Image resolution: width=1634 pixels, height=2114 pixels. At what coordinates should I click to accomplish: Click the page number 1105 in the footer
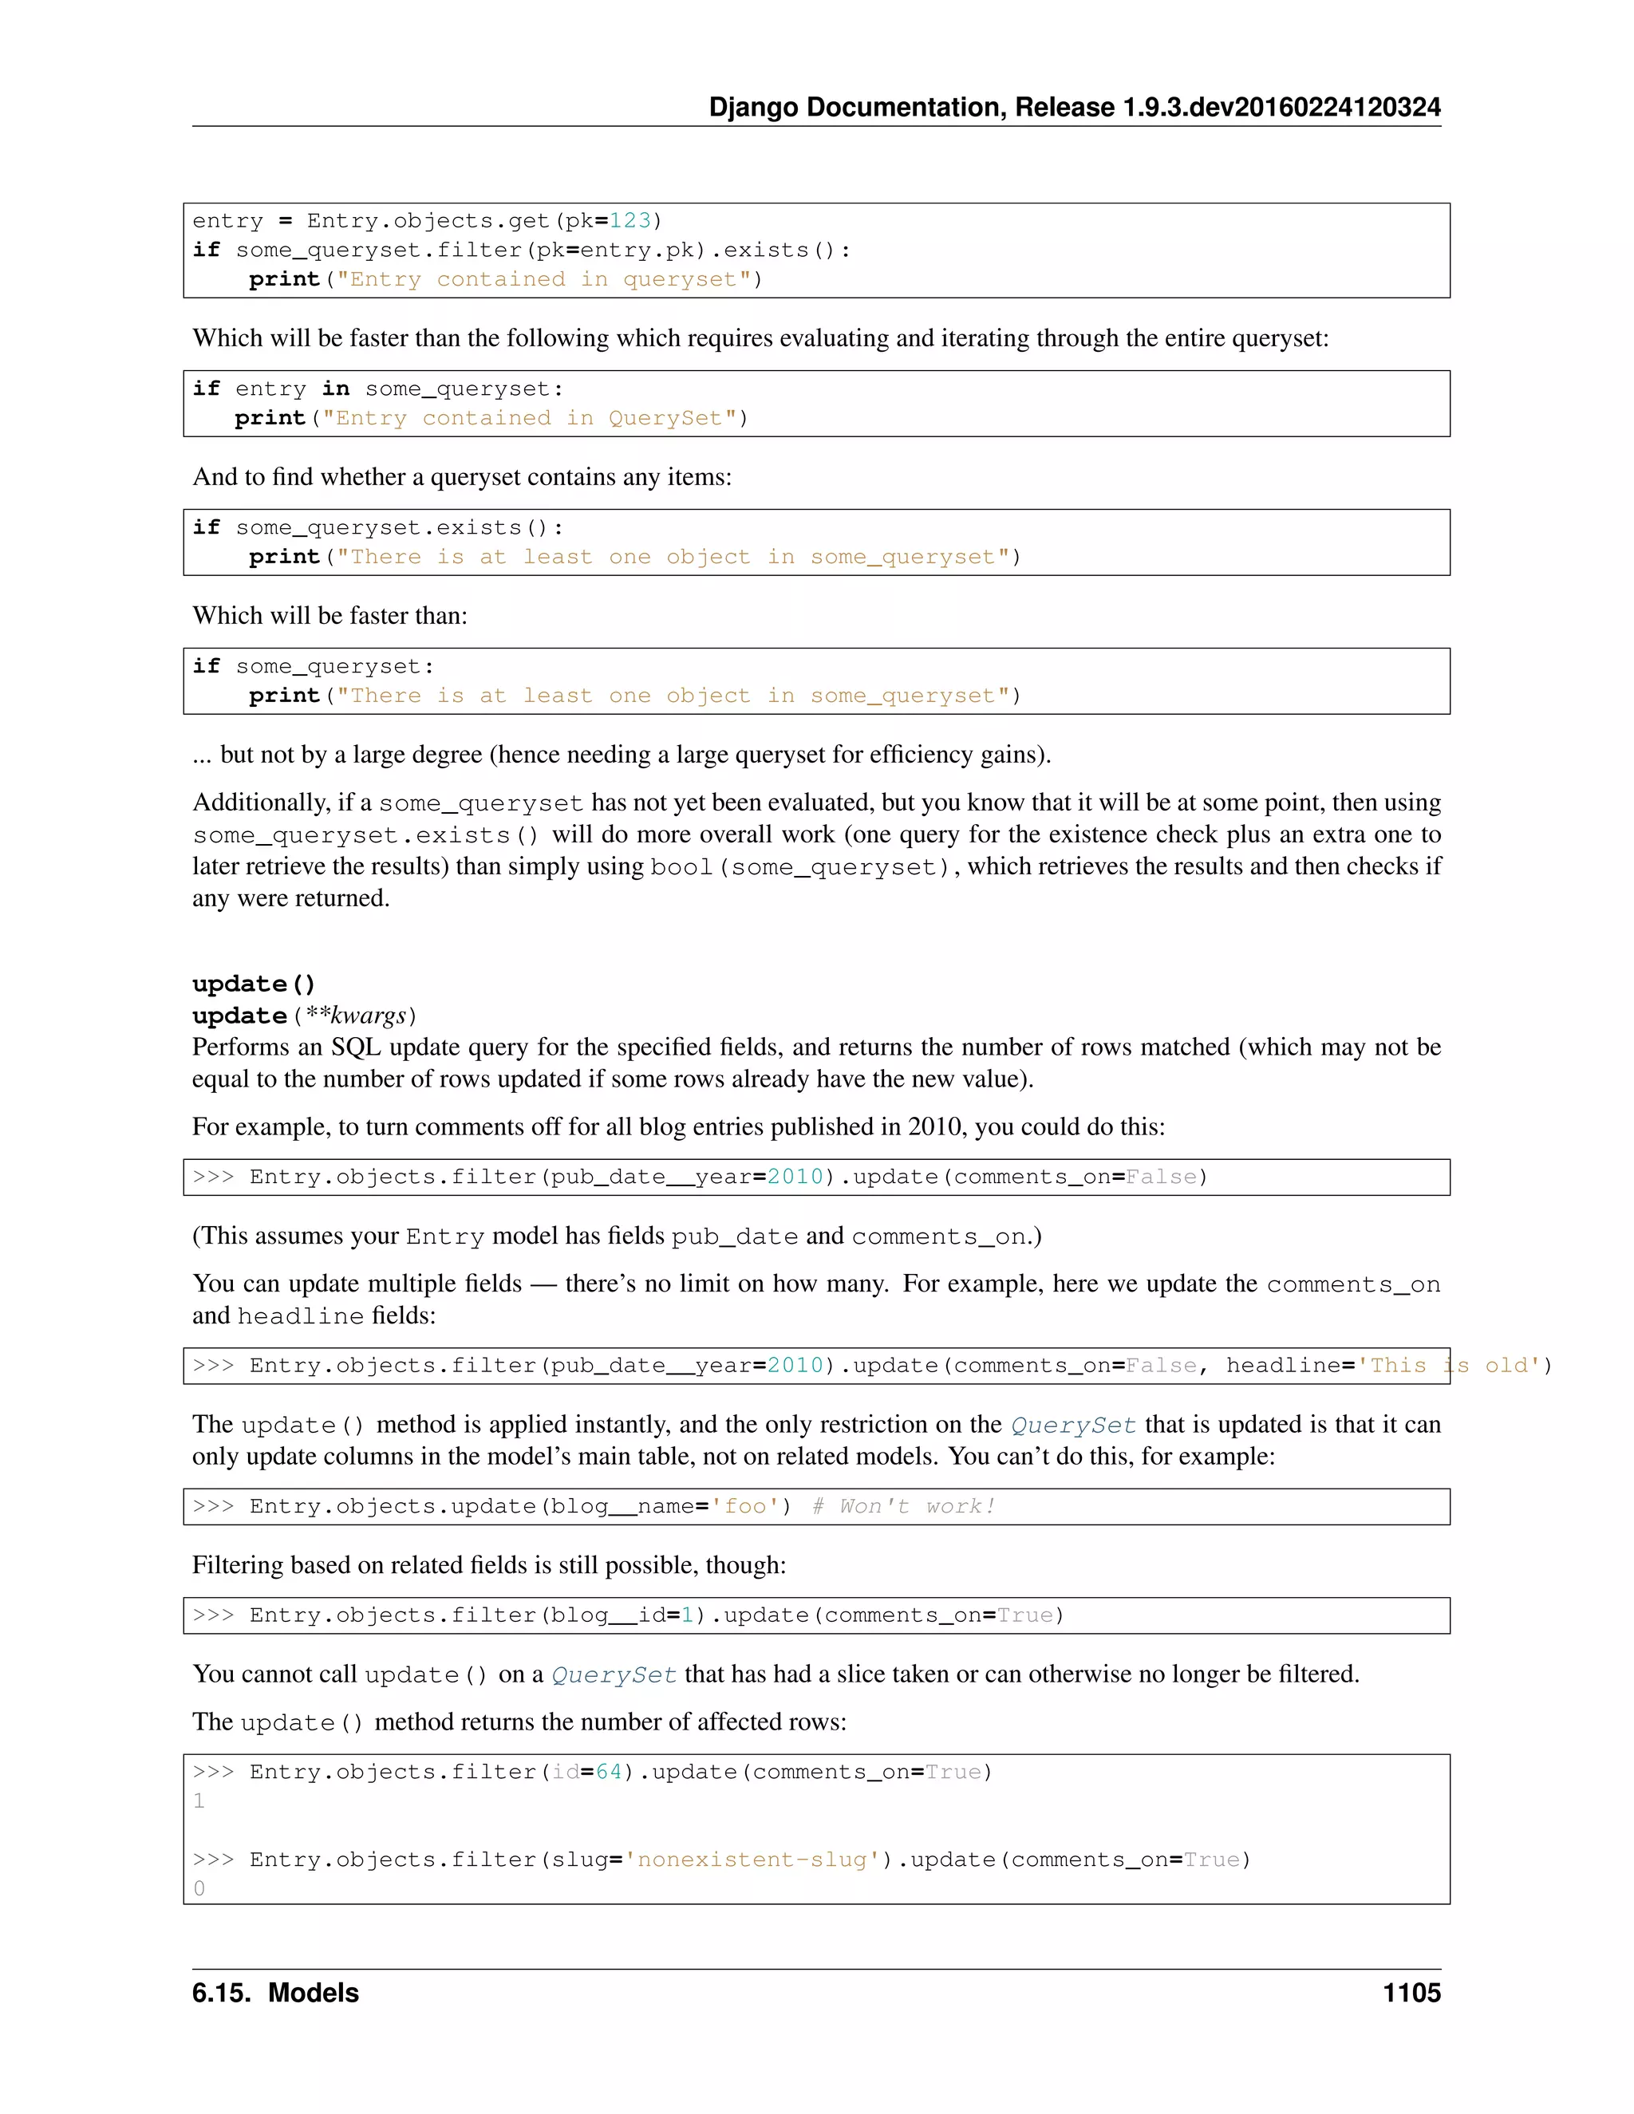[1411, 1993]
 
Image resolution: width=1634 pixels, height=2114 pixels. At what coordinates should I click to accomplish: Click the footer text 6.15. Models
[275, 1993]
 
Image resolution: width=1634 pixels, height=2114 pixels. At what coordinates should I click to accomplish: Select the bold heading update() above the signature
[254, 984]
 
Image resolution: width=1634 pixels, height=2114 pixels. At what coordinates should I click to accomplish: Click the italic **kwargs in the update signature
[355, 1016]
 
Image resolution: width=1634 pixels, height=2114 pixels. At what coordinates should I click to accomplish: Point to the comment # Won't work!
[902, 1506]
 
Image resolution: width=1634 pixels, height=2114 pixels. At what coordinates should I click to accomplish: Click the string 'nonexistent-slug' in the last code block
[752, 1860]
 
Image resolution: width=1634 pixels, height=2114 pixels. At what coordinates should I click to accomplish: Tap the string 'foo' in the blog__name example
[744, 1506]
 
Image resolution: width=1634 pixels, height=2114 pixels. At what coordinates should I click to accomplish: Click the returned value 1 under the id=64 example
[199, 1800]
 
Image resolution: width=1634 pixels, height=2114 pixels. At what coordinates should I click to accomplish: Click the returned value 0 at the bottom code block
[199, 1888]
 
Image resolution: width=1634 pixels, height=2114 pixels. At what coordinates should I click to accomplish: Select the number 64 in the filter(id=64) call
[608, 1771]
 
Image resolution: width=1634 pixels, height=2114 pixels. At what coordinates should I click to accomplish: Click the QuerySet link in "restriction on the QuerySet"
[1072, 1425]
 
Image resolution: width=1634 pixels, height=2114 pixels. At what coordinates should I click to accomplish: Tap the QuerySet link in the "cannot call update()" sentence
[614, 1674]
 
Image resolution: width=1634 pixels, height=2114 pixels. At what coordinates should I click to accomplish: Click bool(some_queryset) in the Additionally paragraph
[799, 867]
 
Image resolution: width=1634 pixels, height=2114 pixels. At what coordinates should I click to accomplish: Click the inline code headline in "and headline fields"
[300, 1316]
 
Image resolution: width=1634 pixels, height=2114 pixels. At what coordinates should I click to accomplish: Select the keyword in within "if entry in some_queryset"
[335, 388]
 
